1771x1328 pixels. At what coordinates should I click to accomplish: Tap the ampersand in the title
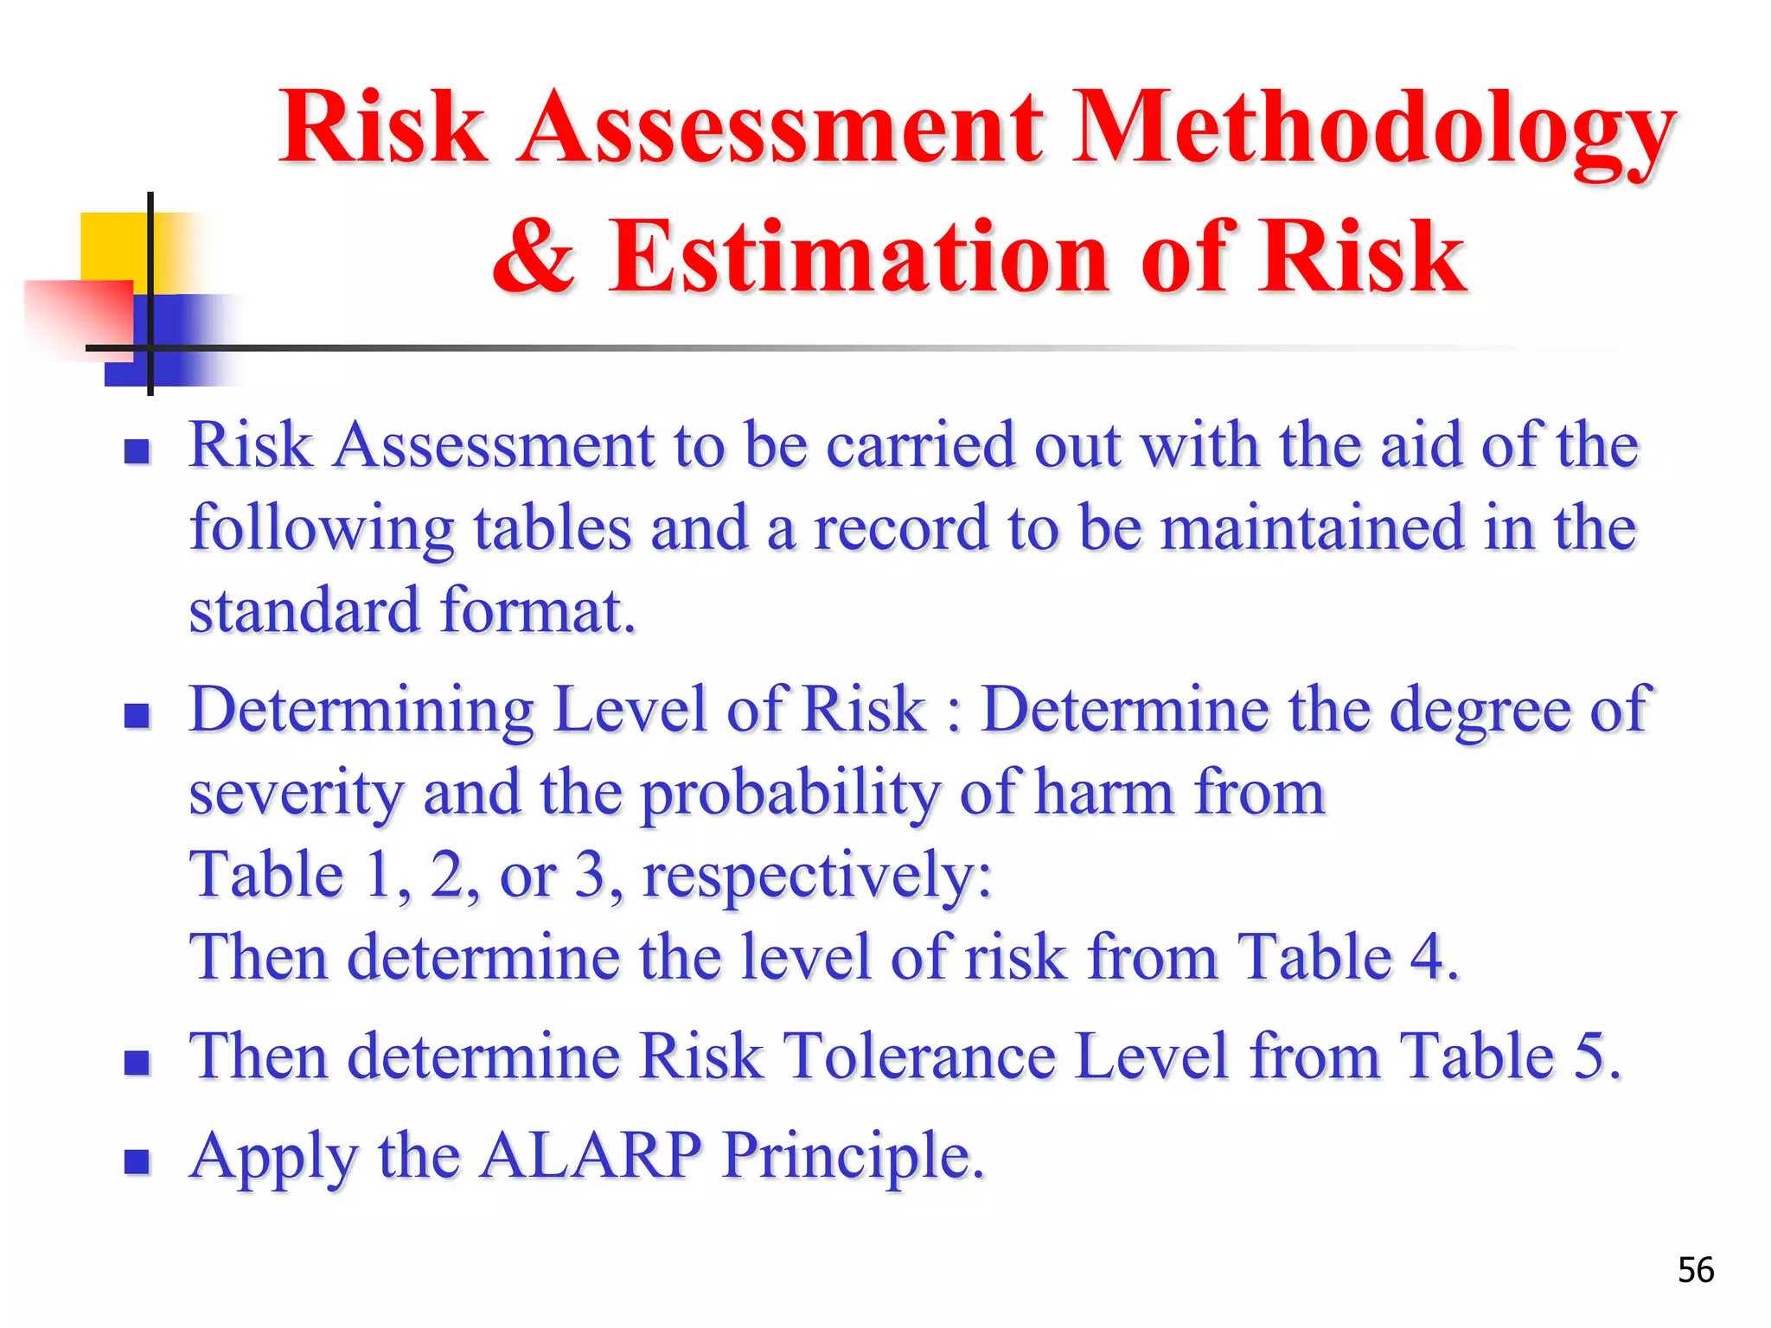[534, 256]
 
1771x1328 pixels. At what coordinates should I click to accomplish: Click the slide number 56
[1695, 1270]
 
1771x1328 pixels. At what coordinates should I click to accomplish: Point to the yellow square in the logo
[112, 246]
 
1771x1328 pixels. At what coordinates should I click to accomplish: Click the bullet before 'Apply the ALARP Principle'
[137, 1160]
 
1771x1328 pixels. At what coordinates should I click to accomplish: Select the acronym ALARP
[591, 1155]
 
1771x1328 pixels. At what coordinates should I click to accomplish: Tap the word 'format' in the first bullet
[536, 610]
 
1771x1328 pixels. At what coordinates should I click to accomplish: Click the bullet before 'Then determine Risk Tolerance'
[137, 1062]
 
